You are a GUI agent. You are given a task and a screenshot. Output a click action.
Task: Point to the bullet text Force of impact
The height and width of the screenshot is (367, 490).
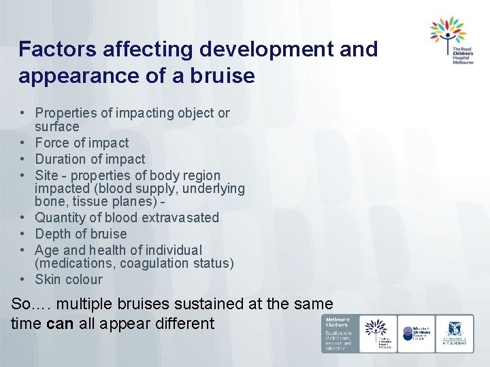[x=82, y=143]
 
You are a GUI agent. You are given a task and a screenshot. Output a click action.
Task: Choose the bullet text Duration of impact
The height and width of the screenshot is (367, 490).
[x=90, y=159]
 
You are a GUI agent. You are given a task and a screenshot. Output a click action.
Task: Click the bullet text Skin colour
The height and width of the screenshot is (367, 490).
[x=69, y=279]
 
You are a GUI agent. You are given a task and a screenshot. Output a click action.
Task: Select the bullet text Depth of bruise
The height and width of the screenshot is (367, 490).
[x=81, y=234]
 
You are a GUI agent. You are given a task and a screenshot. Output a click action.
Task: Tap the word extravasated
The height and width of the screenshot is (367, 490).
[x=181, y=218]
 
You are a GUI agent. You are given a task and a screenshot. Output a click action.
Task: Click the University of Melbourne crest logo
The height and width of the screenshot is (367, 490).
[x=455, y=333]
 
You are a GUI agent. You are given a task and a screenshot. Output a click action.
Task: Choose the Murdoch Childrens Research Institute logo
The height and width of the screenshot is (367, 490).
[x=416, y=333]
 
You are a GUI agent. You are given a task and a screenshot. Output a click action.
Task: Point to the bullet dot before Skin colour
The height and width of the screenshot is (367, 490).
[x=22, y=279]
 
